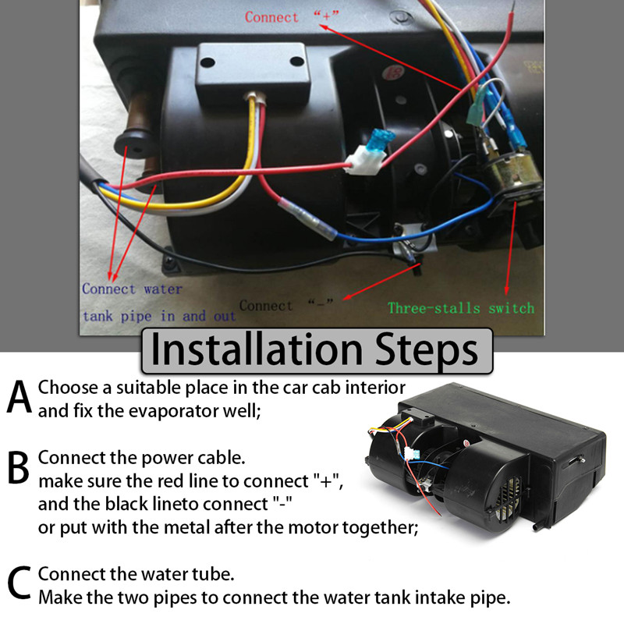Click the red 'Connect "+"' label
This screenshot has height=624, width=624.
point(292,16)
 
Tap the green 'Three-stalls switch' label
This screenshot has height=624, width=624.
point(461,308)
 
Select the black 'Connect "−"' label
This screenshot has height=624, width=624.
point(286,306)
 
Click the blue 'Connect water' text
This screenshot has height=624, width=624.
point(132,289)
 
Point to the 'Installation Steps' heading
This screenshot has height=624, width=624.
point(314,350)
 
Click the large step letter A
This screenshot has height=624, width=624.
point(19,396)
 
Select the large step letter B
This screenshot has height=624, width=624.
point(18,467)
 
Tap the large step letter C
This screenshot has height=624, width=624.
point(19,583)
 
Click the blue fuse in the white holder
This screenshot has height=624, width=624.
point(381,140)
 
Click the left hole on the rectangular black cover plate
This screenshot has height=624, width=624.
point(207,62)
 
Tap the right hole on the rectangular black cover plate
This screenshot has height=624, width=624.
point(297,62)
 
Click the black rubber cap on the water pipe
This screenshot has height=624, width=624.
point(133,144)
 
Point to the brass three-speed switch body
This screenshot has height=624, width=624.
point(510,171)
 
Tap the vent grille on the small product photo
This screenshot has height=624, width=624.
point(509,497)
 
